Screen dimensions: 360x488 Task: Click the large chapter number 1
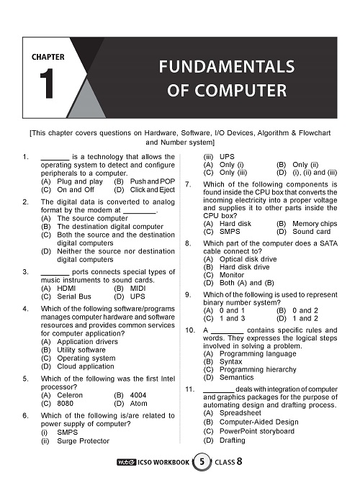[x=47, y=83]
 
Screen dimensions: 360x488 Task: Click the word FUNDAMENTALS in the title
[x=227, y=67]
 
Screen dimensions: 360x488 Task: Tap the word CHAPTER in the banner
[x=48, y=57]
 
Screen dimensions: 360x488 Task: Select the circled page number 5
[x=202, y=461]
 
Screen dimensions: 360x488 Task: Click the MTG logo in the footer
[x=127, y=463]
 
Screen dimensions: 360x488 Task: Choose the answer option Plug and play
[x=80, y=181]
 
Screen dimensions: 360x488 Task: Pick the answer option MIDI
[x=138, y=288]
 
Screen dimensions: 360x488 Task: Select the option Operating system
[x=86, y=358]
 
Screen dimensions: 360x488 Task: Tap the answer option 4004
[x=138, y=395]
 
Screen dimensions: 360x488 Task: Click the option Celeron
[x=70, y=395]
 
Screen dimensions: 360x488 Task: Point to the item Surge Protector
[x=83, y=441]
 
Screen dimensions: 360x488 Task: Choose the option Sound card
[x=312, y=232]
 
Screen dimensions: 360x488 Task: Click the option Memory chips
[x=315, y=224]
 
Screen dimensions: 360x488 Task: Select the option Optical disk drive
[x=248, y=259]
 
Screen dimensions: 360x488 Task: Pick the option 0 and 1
[x=232, y=311]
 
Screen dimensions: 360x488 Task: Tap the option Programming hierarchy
[x=258, y=370]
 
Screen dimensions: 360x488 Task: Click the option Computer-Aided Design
[x=258, y=422]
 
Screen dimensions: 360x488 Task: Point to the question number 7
[x=188, y=184]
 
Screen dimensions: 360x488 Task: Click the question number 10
[x=189, y=330]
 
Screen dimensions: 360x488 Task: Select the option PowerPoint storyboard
[x=256, y=431]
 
